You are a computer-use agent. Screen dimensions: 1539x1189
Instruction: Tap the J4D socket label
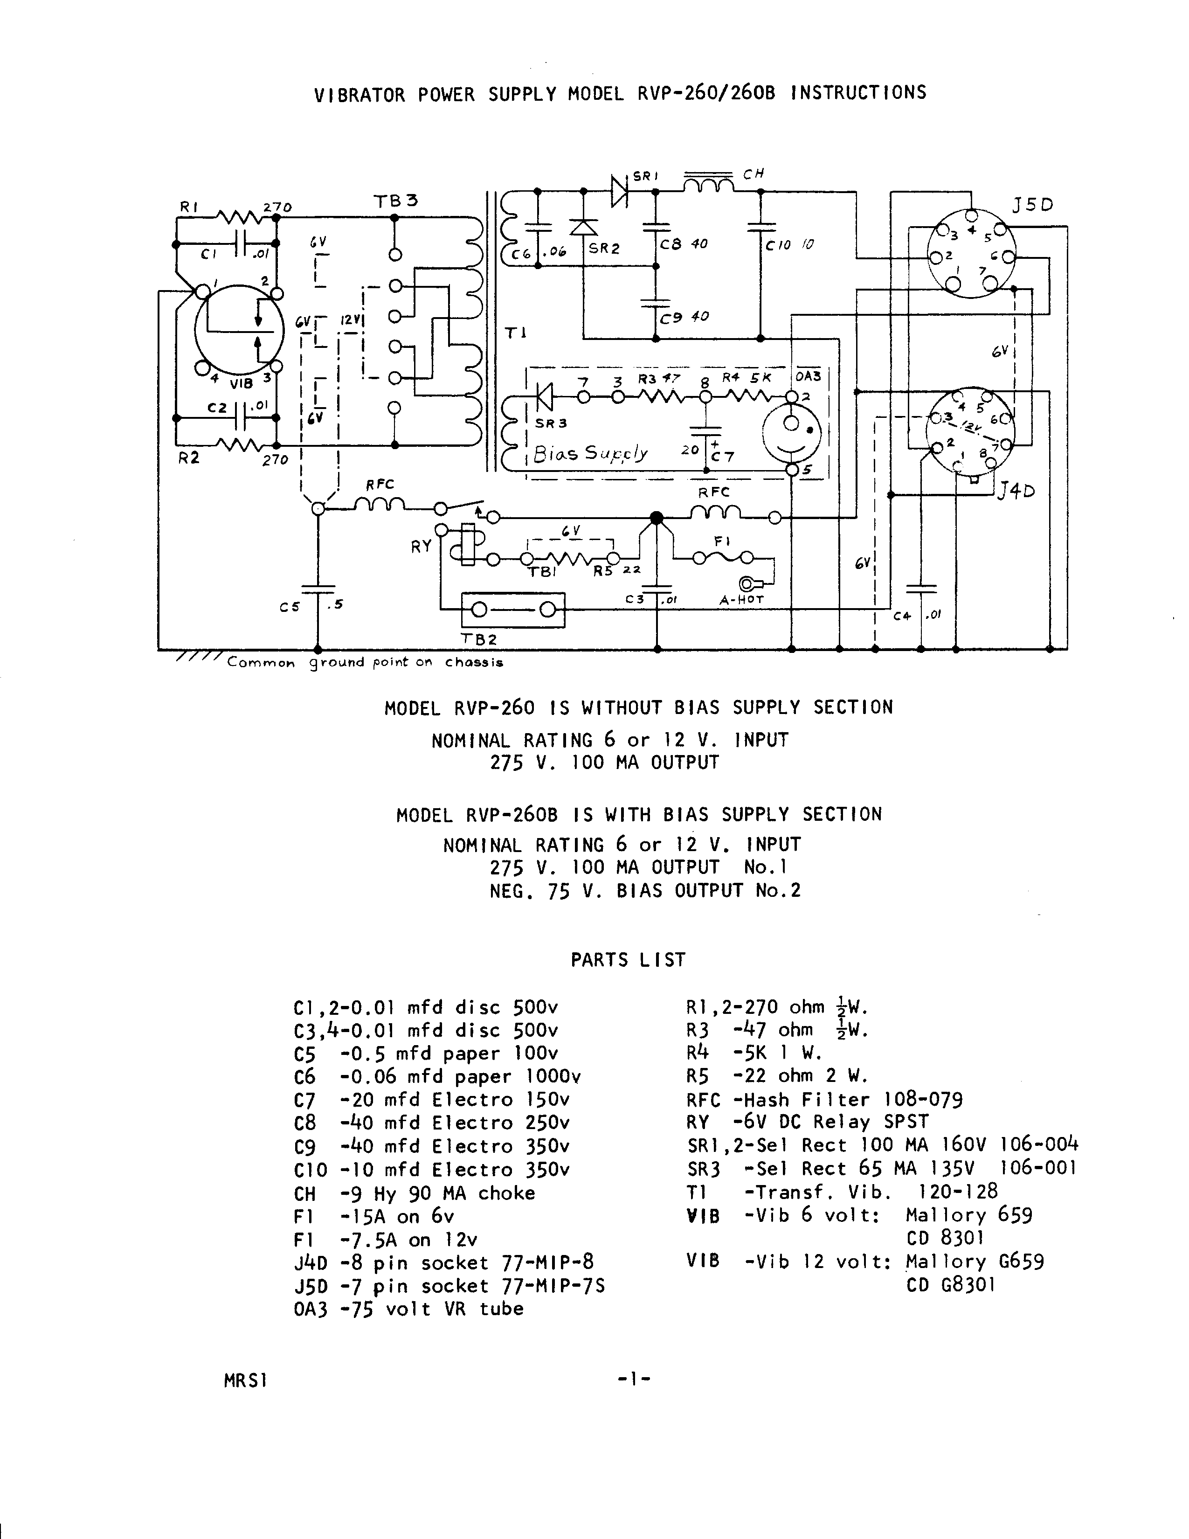(x=1017, y=491)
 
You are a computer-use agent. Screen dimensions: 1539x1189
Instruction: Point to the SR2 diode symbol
(x=583, y=227)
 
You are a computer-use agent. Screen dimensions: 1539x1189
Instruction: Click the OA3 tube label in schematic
(x=808, y=377)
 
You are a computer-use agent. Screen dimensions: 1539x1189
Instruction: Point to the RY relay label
(x=421, y=546)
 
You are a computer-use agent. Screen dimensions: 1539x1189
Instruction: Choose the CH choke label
(x=753, y=174)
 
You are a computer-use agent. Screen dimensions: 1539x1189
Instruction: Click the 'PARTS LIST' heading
(x=628, y=960)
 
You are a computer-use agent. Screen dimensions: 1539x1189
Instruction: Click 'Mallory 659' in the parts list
(x=968, y=1215)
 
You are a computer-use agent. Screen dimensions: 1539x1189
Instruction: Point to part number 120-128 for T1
(x=958, y=1191)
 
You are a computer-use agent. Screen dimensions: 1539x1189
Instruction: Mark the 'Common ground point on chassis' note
(x=364, y=662)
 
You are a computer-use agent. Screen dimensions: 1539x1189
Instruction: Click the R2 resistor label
(x=189, y=458)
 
